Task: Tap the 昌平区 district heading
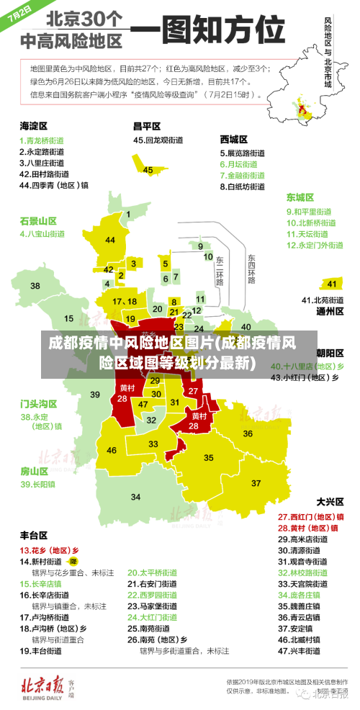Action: point(147,126)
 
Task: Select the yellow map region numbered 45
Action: point(148,170)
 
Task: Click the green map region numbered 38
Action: point(35,286)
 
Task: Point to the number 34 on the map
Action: point(135,497)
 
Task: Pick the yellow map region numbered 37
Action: point(256,482)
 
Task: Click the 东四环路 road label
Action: point(251,269)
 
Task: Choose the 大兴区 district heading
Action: point(330,501)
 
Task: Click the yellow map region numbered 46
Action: point(112,450)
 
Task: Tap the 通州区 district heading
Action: point(330,312)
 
